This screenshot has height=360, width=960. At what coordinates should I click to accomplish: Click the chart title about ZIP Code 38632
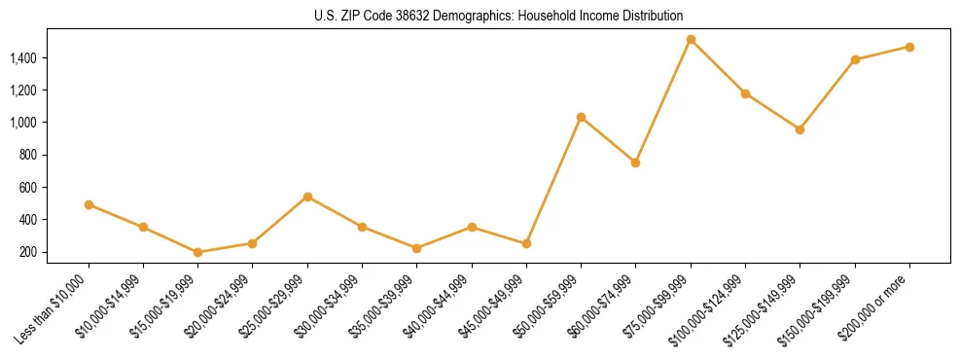[499, 16]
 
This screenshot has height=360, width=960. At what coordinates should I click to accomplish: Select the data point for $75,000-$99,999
[691, 40]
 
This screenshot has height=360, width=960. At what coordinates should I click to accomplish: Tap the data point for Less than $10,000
[89, 204]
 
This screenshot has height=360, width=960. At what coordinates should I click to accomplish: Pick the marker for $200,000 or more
[909, 47]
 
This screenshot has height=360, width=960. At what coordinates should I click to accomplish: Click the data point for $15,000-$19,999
[198, 252]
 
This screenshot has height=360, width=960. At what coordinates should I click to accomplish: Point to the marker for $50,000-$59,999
[581, 118]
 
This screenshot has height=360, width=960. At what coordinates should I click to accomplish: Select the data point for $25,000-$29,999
[307, 197]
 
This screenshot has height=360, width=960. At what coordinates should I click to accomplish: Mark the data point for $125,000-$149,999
[800, 129]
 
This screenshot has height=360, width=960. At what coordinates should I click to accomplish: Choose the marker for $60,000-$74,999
[635, 162]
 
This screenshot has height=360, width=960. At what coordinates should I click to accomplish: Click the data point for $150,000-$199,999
[855, 59]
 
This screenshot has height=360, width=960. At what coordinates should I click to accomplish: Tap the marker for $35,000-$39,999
[417, 248]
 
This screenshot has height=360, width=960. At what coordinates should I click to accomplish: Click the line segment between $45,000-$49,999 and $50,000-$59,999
[553, 180]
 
